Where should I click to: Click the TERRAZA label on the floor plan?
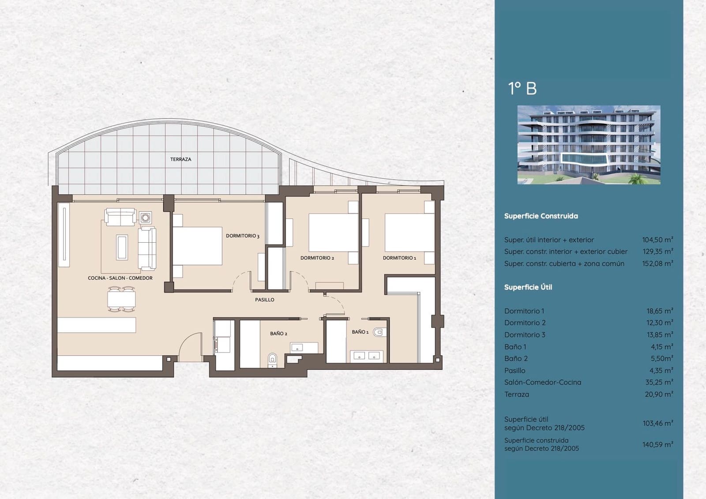tap(181, 159)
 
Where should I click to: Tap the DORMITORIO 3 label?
tap(243, 236)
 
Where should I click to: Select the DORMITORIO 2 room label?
tap(317, 258)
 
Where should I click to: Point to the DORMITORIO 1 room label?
tap(399, 258)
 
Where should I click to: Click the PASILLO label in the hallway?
tap(265, 300)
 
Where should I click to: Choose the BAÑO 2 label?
tap(279, 334)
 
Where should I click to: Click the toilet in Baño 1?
tap(378, 332)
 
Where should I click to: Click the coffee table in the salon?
tap(122, 247)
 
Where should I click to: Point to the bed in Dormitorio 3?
tap(197, 246)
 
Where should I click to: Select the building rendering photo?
tap(589, 145)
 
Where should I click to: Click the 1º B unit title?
tap(522, 89)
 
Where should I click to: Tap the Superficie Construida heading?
tap(541, 216)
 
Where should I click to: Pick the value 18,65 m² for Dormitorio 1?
tap(660, 311)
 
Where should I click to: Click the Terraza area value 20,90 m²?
tap(659, 394)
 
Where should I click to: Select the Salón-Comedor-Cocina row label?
tap(543, 383)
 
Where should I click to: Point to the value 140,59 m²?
tap(657, 445)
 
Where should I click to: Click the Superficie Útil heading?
tap(528, 287)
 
